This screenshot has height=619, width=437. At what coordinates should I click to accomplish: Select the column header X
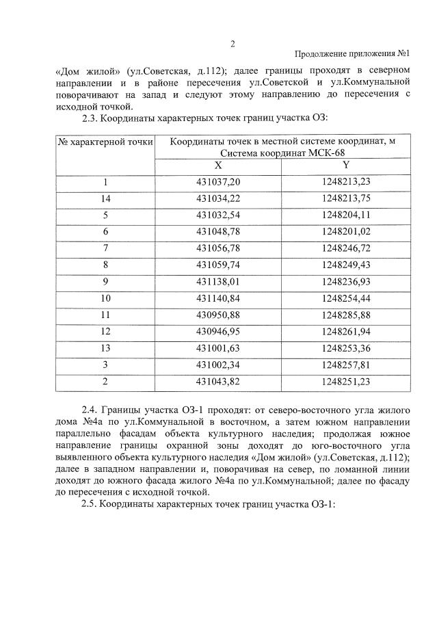point(218,166)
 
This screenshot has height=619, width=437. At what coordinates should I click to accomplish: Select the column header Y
point(345,166)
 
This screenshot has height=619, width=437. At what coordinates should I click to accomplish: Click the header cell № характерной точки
point(105,142)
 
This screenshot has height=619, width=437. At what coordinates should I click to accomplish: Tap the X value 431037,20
point(218,183)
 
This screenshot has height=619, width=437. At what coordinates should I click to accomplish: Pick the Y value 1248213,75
point(345,198)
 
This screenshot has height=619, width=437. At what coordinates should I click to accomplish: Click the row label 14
point(105,198)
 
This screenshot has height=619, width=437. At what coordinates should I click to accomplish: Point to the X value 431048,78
point(218,231)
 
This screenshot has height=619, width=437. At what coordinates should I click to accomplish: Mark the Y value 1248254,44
point(345,298)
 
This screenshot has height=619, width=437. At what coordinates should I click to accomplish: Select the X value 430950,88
point(218,314)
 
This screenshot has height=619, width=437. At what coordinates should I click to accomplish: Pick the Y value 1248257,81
point(345,364)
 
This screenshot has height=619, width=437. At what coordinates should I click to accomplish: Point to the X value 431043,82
point(218,380)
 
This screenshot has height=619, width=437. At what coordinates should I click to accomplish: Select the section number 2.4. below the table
point(92,410)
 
